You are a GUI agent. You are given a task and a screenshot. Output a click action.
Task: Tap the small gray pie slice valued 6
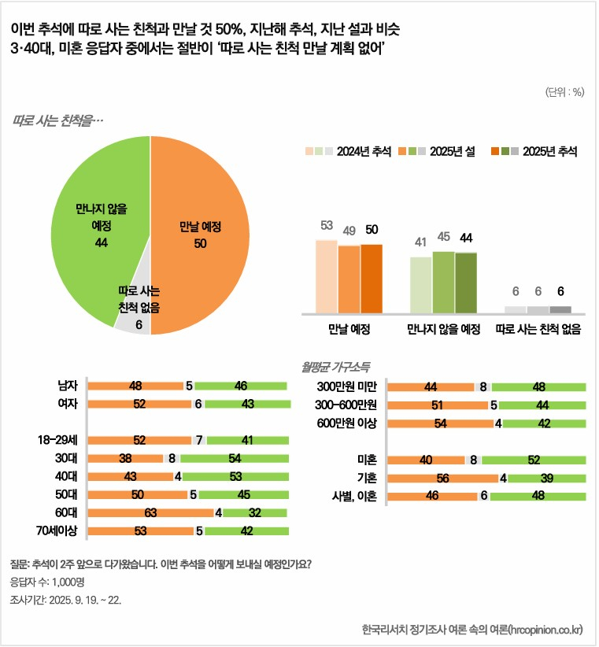click(x=132, y=320)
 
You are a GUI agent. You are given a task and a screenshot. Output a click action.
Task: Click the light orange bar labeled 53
click(x=327, y=275)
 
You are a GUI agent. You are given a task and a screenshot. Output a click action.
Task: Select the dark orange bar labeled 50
click(x=372, y=279)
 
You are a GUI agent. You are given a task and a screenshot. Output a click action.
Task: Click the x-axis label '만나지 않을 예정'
click(x=444, y=329)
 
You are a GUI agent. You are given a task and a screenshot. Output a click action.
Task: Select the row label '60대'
click(x=67, y=513)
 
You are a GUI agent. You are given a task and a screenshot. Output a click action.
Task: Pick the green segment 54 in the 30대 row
click(x=234, y=458)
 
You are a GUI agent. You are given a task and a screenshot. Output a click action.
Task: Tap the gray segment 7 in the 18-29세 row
click(x=199, y=440)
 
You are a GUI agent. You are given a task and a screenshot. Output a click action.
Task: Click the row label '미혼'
click(x=367, y=460)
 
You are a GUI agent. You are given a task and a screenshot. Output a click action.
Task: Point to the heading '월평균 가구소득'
click(x=336, y=367)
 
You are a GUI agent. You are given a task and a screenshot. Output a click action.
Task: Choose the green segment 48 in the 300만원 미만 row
click(x=539, y=387)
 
